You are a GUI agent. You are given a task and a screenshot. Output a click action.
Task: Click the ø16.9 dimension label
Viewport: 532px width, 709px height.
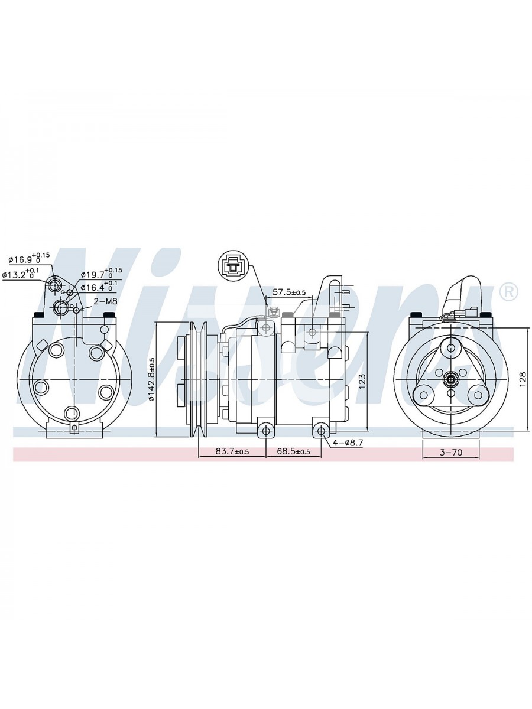pyautogui.click(x=29, y=259)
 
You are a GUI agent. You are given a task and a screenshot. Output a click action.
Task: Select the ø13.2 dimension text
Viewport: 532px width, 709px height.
pyautogui.click(x=20, y=274)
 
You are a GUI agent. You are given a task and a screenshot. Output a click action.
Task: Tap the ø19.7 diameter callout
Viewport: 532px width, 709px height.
pyautogui.click(x=101, y=274)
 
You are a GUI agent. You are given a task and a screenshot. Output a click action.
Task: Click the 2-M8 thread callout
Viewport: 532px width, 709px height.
pyautogui.click(x=105, y=301)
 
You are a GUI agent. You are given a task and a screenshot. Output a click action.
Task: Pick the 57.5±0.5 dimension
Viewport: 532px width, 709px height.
pyautogui.click(x=289, y=292)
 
